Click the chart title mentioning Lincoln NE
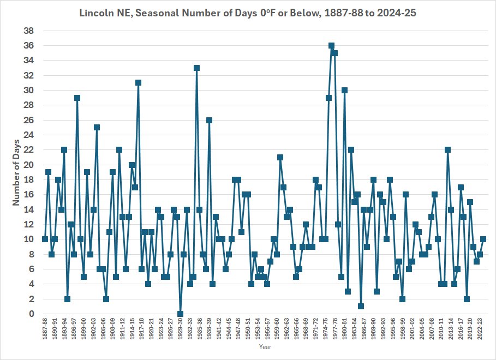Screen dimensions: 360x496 248,13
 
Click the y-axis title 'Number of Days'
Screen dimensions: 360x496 16,172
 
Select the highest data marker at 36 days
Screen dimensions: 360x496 331,46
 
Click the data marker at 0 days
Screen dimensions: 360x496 180,314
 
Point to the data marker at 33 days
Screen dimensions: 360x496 196,68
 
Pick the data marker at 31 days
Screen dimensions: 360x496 139,83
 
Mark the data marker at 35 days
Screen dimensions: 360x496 334,53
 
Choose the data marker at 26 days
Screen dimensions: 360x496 209,120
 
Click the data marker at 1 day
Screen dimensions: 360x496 361,306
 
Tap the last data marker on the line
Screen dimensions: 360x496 483,239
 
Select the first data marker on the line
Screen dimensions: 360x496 45,239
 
